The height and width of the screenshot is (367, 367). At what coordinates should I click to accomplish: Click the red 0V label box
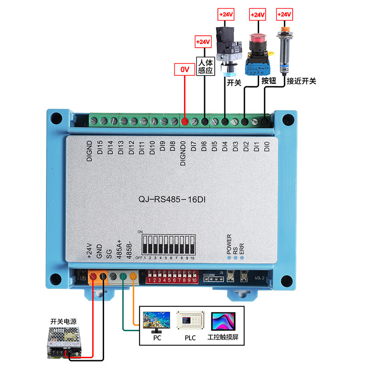coord(184,70)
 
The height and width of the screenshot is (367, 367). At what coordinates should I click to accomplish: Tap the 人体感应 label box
coord(205,66)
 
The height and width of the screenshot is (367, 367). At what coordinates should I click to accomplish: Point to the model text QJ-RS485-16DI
coord(172,200)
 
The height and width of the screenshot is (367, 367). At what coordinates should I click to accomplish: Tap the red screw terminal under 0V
coord(184,122)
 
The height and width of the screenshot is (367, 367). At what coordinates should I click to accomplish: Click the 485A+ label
coord(119,250)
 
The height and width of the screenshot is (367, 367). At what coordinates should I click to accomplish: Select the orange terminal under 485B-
coord(133,277)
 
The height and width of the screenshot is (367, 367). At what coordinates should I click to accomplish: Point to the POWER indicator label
coord(229,244)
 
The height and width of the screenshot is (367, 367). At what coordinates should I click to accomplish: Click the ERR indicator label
coord(242,247)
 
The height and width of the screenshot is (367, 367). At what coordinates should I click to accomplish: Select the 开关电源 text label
coord(63,320)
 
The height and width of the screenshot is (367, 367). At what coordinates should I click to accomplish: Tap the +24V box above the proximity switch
coord(284,15)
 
